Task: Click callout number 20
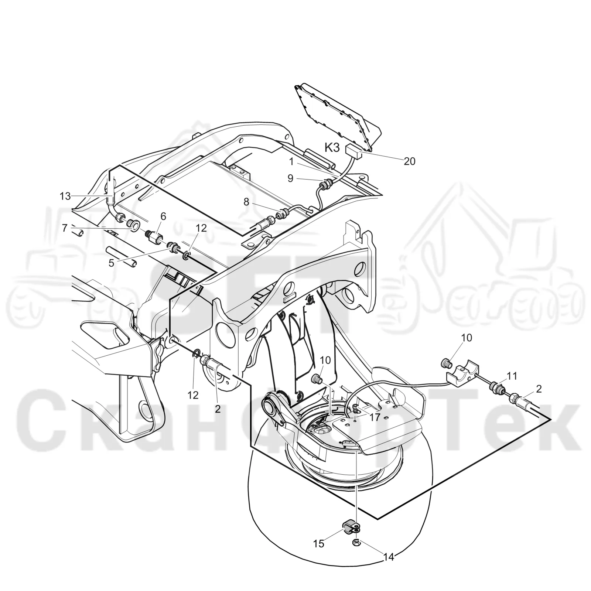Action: tap(409, 161)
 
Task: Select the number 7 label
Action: tap(65, 228)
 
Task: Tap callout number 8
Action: tap(246, 202)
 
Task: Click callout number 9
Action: tap(290, 178)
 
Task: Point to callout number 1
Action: tap(291, 161)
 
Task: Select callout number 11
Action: tap(512, 376)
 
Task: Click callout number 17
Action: tap(375, 417)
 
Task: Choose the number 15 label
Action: tap(318, 544)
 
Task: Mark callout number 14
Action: tap(389, 557)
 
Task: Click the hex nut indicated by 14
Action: tap(356, 543)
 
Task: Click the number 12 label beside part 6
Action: tap(201, 228)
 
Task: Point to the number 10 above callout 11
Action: tap(467, 338)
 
